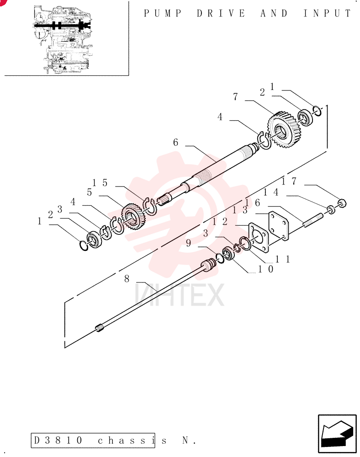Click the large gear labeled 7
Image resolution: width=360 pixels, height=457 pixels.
pyautogui.click(x=284, y=129)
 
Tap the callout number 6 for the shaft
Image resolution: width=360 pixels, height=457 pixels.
pyautogui.click(x=175, y=143)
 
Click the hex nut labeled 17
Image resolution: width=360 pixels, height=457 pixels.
pyautogui.click(x=342, y=203)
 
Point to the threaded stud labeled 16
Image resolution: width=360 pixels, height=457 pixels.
pyautogui.click(x=313, y=220)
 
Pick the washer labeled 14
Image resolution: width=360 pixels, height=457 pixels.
pyautogui.click(x=331, y=210)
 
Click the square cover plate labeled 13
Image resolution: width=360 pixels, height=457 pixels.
pyautogui.click(x=278, y=226)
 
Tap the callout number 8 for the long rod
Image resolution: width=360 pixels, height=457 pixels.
pyautogui.click(x=127, y=279)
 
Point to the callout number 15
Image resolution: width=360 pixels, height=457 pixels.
pyautogui.click(x=100, y=183)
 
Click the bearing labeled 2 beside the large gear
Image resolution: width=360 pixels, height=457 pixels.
pyautogui.click(x=306, y=117)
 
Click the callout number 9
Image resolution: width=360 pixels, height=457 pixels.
pyautogui.click(x=188, y=243)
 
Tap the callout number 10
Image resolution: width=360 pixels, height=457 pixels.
pyautogui.click(x=266, y=269)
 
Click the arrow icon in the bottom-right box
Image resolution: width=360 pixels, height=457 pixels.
pyautogui.click(x=337, y=433)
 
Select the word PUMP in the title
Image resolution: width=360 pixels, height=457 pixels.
pyautogui.click(x=163, y=13)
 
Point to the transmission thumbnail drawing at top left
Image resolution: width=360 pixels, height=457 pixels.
pyautogui.click(x=63, y=39)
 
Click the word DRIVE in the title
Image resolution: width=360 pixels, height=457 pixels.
pyautogui.click(x=221, y=13)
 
